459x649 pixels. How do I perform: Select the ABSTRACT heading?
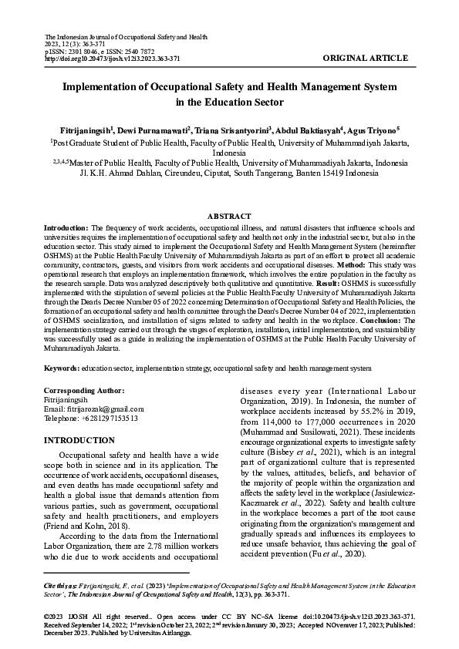(x=229, y=217)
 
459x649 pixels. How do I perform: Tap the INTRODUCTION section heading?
(x=81, y=440)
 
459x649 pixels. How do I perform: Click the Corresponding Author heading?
(x=84, y=391)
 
